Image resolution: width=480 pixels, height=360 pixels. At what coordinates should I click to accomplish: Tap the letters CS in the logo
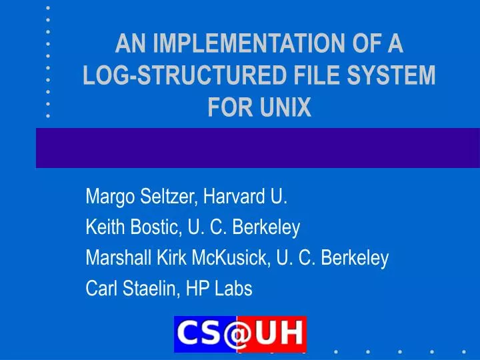pyautogui.click(x=201, y=334)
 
